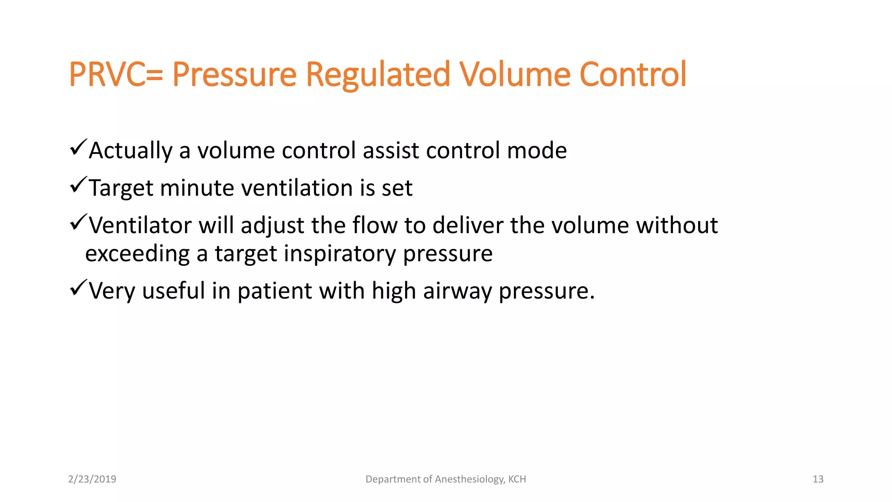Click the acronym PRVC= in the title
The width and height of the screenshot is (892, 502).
[x=115, y=75]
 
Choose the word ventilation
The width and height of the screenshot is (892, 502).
[x=297, y=188]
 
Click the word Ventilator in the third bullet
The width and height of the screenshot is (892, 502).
[x=140, y=226]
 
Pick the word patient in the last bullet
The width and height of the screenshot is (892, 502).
[x=274, y=291]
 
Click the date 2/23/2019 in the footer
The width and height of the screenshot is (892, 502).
[x=92, y=479]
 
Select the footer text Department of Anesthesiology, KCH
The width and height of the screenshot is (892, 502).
[x=446, y=479]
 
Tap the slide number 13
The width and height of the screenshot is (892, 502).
[x=818, y=479]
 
